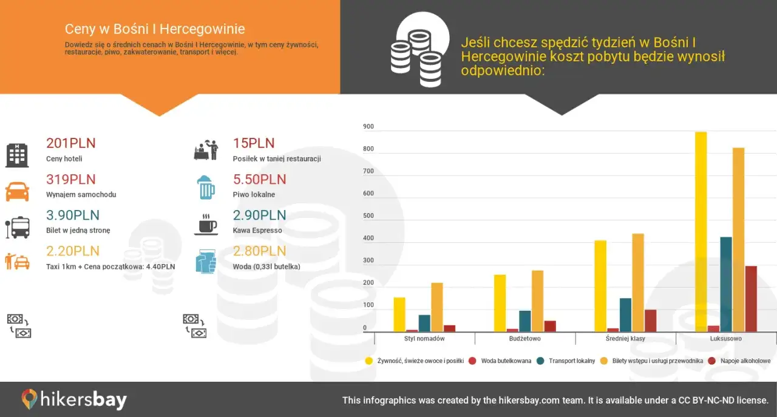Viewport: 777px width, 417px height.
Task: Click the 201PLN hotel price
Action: pyautogui.click(x=71, y=144)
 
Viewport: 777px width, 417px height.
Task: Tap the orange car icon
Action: pyautogui.click(x=17, y=191)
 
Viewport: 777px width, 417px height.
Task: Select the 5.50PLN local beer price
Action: pyautogui.click(x=259, y=180)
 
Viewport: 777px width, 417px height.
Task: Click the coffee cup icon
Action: pyautogui.click(x=206, y=225)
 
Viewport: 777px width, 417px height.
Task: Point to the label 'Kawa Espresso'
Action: pyautogui.click(x=257, y=231)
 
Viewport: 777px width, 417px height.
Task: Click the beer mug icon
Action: pyautogui.click(x=206, y=188)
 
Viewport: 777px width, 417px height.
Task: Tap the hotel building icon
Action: pyautogui.click(x=17, y=155)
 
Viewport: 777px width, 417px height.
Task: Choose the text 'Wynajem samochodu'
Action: pyautogui.click(x=81, y=195)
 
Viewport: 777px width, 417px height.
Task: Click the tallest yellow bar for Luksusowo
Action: pyautogui.click(x=701, y=231)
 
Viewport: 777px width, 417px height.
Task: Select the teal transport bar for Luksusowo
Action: pyautogui.click(x=725, y=284)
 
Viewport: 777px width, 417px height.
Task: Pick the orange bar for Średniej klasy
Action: pyautogui.click(x=638, y=282)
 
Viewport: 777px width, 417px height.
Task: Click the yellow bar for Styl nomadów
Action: pyautogui.click(x=399, y=314)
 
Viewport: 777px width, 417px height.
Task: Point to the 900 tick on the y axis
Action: pyautogui.click(x=368, y=127)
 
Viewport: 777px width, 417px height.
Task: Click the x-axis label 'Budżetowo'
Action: pyautogui.click(x=525, y=338)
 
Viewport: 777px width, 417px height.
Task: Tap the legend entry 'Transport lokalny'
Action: pyautogui.click(x=571, y=361)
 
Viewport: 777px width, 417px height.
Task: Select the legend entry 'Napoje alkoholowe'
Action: pyautogui.click(x=745, y=361)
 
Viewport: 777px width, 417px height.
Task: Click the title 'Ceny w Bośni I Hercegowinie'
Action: pyautogui.click(x=155, y=29)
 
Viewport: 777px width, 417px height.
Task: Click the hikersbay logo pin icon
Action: pyautogui.click(x=29, y=399)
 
